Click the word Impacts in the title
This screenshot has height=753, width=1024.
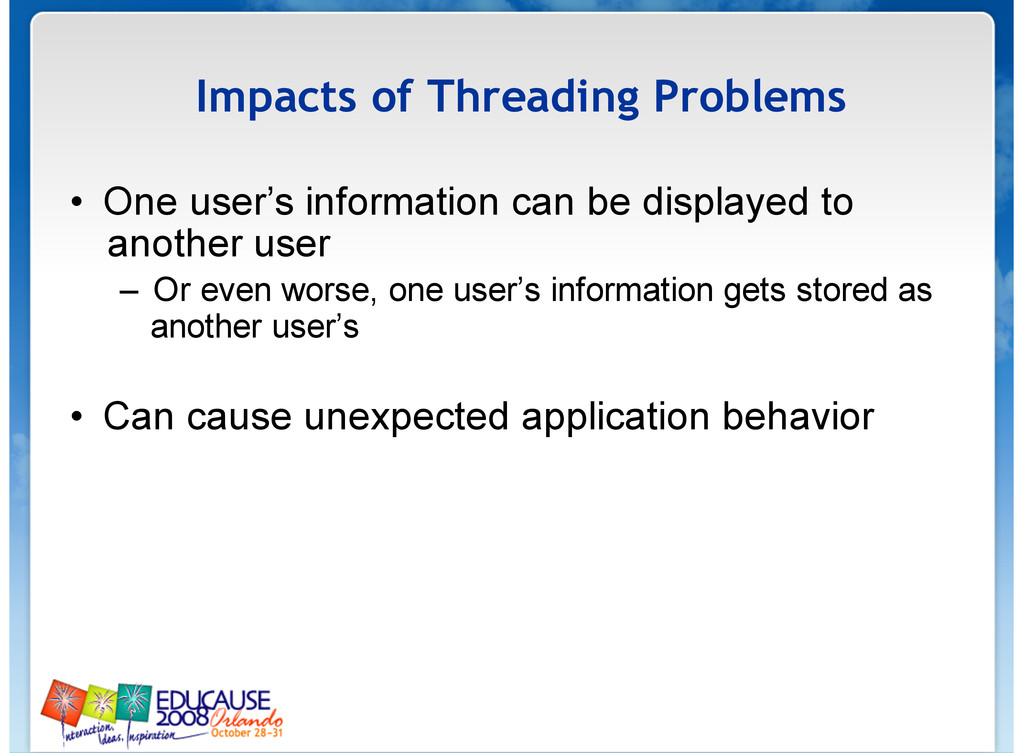coord(276,98)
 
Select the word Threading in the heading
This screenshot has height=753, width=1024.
coord(534,98)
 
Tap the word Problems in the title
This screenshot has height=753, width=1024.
coord(750,96)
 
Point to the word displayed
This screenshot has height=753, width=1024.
coord(720,203)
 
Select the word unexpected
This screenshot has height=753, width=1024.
coord(406,418)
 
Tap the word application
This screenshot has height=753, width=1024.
coord(616,418)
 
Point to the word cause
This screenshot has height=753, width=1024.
coord(239,418)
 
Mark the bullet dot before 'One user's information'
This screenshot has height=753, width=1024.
coord(77,202)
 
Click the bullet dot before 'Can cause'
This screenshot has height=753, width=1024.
coord(77,417)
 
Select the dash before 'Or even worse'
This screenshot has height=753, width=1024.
coord(129,291)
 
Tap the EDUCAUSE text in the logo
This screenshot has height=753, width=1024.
coord(213,701)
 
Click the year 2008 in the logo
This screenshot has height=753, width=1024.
coord(182,718)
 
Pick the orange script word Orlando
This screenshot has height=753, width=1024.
coord(247,718)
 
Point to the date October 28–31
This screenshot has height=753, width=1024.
coord(247,733)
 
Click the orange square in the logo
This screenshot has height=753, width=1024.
coord(63,701)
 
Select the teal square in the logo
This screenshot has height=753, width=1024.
coord(135,702)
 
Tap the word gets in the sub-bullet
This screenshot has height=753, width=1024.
coord(754,292)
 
